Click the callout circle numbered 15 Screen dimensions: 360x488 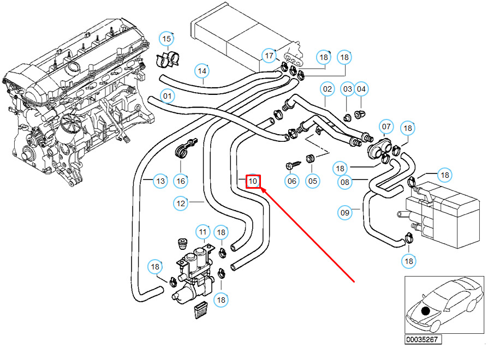point(167,39)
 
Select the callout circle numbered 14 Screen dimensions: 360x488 point(203,71)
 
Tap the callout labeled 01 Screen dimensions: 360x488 point(168,97)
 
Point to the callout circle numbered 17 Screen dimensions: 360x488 point(269,56)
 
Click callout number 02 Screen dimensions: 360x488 point(327,88)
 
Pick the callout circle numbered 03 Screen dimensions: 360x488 point(347,88)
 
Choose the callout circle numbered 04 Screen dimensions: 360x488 point(361,88)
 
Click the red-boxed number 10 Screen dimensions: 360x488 point(253,181)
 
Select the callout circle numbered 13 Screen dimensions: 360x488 point(160,181)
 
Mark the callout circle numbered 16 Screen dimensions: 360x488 point(181,181)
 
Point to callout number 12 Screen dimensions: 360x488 point(181,203)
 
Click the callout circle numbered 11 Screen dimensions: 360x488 point(203,232)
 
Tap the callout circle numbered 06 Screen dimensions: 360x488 point(292,181)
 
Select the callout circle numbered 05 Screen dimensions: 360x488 point(313,181)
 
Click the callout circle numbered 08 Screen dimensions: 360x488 point(345,182)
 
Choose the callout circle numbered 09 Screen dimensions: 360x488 point(345,213)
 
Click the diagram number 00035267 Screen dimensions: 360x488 point(423,339)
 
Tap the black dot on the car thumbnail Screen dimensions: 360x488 point(426,311)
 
